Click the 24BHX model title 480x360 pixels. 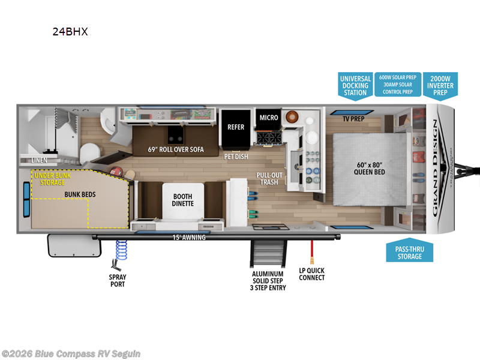pyautogui.click(x=70, y=32)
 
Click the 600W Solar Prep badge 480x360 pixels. pyautogui.click(x=398, y=86)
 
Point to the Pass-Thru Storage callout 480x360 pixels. pyautogui.click(x=408, y=252)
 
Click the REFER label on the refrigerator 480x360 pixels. pyautogui.click(x=236, y=127)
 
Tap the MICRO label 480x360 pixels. pyautogui.click(x=269, y=118)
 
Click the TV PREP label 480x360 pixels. pyautogui.click(x=354, y=119)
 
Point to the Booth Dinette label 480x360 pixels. pyautogui.click(x=184, y=200)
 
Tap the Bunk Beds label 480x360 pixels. pyautogui.click(x=80, y=194)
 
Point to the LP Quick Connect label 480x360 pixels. pyautogui.click(x=312, y=274)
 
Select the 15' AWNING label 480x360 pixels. pyautogui.click(x=189, y=238)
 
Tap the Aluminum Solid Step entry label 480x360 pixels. pyautogui.click(x=268, y=281)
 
